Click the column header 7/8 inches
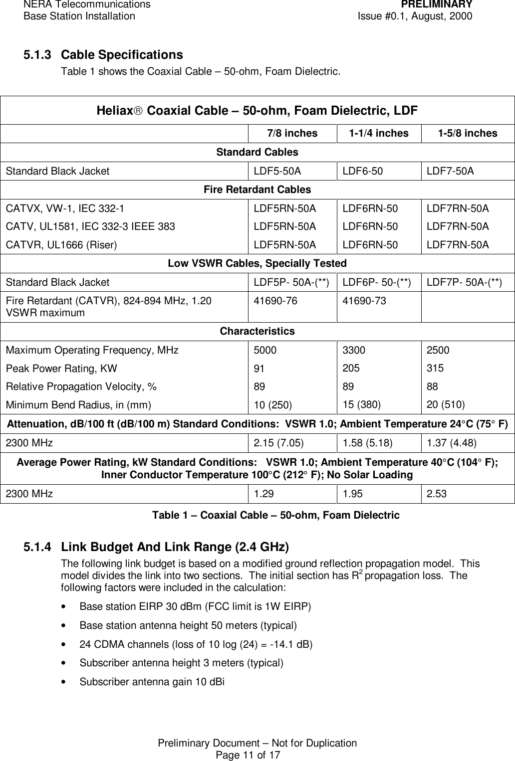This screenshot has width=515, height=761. tap(292, 134)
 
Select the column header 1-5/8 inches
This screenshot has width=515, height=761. tap(467, 134)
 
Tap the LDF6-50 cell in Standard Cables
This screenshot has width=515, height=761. tap(362, 171)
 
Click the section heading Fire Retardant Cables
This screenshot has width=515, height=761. tap(257, 190)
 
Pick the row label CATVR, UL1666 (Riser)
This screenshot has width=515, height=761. tap(61, 245)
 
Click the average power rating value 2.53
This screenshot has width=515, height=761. tap(436, 494)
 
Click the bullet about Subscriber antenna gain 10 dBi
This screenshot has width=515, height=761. tap(152, 682)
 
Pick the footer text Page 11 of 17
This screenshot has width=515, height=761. tap(248, 755)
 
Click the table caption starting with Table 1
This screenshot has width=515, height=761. tap(275, 516)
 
